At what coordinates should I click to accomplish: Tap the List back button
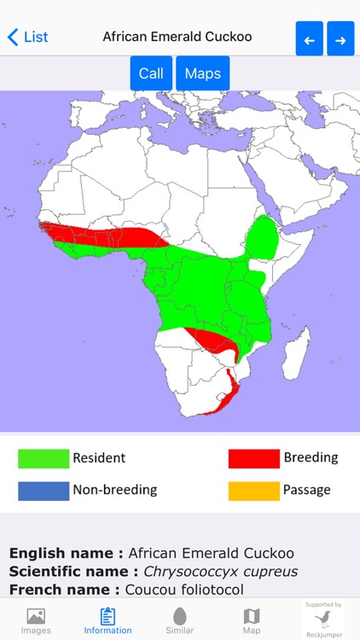click(27, 37)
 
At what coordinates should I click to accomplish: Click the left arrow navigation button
click(309, 39)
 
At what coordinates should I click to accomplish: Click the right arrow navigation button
click(340, 39)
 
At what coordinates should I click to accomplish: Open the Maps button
click(202, 73)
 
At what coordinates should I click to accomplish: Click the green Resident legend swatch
click(44, 458)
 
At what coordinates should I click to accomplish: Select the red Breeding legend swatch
click(253, 458)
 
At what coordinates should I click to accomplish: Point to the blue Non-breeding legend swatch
click(44, 491)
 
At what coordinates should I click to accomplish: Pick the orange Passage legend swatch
click(253, 491)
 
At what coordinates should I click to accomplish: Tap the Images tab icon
click(36, 616)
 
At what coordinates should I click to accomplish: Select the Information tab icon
click(107, 616)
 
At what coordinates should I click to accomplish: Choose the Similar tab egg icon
click(179, 616)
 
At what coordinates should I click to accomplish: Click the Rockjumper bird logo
click(324, 619)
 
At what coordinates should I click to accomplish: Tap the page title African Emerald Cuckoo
click(177, 37)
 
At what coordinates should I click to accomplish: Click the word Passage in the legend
click(306, 491)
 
